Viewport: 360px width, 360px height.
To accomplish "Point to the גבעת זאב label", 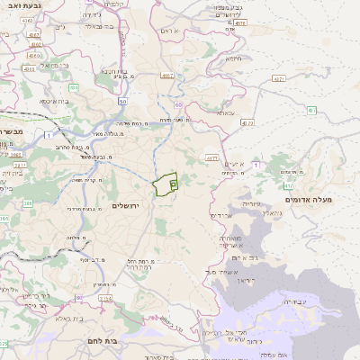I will (x=19, y=5).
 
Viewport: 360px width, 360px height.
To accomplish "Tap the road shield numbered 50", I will (x=121, y=102).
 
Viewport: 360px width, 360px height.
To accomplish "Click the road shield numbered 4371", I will (x=277, y=79).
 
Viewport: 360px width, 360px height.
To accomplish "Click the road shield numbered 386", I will (x=27, y=204).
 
